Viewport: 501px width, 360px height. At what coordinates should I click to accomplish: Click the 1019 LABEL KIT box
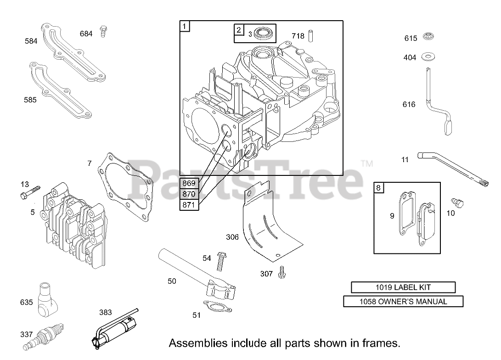pos(403,287)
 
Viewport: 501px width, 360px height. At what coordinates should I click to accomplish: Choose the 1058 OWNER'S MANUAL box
pos(403,302)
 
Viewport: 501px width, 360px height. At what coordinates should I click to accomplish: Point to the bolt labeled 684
pos(103,32)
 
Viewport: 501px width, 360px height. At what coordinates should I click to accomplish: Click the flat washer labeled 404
pos(427,57)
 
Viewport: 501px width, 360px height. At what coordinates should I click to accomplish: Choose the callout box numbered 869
pos(189,183)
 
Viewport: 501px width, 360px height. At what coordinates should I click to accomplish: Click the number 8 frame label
pos(378,187)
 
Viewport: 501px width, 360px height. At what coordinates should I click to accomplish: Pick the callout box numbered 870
pos(189,194)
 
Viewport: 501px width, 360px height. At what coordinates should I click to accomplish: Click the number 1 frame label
pos(184,26)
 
